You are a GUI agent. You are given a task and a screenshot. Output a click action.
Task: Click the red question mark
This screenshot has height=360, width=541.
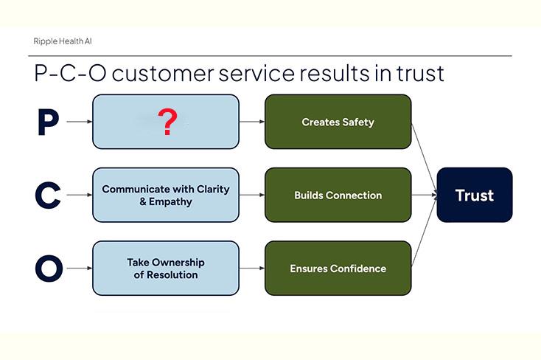coord(168,122)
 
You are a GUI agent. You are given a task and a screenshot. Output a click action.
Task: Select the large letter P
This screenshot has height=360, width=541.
coord(48,122)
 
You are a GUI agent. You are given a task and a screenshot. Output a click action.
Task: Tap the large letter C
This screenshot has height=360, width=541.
coord(48,195)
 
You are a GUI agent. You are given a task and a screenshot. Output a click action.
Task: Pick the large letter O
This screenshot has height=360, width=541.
coord(49,269)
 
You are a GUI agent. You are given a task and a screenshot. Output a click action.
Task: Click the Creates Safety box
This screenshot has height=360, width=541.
coord(338,122)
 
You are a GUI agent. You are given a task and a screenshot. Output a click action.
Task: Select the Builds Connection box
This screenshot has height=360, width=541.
coord(338,195)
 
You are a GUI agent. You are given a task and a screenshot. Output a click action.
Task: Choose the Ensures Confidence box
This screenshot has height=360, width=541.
coord(338,269)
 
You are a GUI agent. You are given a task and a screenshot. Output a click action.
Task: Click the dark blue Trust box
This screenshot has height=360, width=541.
coord(474,195)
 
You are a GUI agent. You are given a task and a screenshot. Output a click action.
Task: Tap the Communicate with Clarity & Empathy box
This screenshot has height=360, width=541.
coord(166,195)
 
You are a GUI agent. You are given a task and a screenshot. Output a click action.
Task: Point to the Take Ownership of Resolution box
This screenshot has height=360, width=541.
coord(166,269)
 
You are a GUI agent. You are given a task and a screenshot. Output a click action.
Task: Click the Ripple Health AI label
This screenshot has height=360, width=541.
coord(63,41)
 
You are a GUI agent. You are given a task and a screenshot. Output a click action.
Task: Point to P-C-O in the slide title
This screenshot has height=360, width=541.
coord(67,74)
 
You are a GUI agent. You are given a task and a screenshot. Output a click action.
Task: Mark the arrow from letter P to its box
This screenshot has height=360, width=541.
coord(79,122)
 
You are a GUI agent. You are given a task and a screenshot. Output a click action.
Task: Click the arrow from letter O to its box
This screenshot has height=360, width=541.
coord(79,269)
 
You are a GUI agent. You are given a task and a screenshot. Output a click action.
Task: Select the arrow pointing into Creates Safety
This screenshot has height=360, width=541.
coord(252,122)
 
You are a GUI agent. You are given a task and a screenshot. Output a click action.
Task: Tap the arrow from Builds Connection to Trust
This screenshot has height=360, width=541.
coord(423,195)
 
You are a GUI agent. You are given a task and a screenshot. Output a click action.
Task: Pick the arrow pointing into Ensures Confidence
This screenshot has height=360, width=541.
coord(252,269)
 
